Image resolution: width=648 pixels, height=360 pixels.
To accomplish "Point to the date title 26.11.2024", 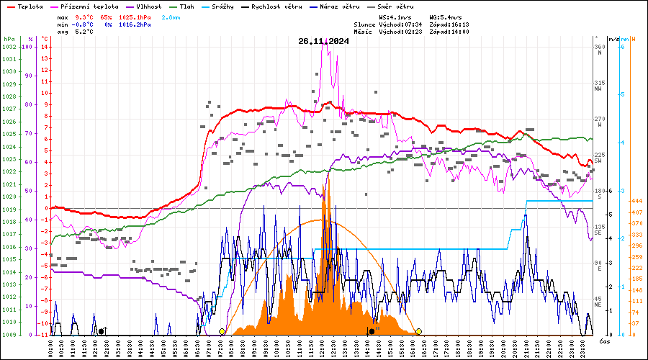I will (x=323, y=41).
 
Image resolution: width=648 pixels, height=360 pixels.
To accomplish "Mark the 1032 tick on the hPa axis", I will (x=9, y=47).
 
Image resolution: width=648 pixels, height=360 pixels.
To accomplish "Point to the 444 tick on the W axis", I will (x=636, y=200).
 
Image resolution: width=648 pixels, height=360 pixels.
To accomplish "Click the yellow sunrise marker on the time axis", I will (x=222, y=331).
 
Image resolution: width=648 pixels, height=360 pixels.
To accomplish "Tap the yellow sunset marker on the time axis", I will (x=418, y=331).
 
